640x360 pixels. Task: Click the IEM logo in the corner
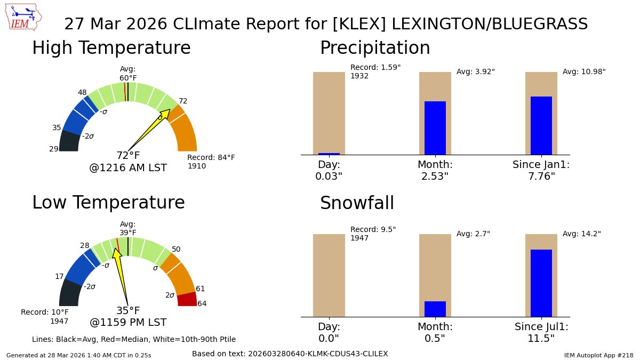[23, 17]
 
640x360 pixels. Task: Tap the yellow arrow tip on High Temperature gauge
[170, 109]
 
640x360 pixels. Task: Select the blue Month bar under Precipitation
[435, 128]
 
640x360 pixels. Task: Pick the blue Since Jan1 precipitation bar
[541, 126]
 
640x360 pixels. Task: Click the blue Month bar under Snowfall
[435, 309]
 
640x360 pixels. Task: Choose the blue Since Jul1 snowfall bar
[541, 283]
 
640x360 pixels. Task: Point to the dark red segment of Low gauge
[187, 299]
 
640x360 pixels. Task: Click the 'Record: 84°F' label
[211, 157]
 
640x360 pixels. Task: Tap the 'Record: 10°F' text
[45, 312]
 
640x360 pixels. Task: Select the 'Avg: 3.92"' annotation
[475, 71]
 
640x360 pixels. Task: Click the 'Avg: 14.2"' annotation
[582, 234]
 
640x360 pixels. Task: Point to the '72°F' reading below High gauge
[128, 155]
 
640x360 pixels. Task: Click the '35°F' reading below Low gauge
[128, 310]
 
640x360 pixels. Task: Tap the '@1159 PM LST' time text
[128, 322]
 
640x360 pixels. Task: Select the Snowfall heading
[357, 203]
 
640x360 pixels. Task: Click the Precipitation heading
[375, 47]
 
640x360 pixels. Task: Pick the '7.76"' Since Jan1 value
[541, 177]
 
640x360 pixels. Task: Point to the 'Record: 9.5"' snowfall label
[373, 229]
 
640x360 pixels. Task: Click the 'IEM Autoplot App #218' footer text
[598, 355]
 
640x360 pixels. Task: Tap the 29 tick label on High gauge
[54, 149]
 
